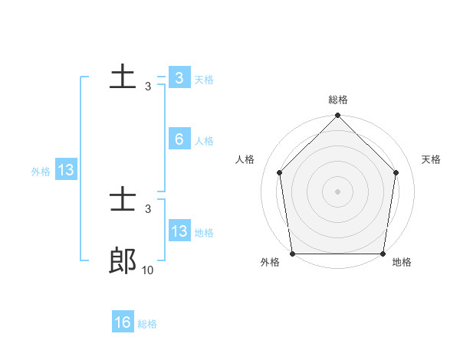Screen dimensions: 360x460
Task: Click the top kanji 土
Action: tap(123, 77)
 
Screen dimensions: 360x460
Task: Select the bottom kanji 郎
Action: tap(123, 261)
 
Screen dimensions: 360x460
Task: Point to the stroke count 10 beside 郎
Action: tap(148, 270)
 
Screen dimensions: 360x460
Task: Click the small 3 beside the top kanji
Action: tap(148, 86)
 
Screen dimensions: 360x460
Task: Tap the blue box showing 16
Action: tap(123, 322)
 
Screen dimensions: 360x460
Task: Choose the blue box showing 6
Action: tap(179, 139)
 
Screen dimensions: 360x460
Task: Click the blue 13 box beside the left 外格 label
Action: tap(66, 170)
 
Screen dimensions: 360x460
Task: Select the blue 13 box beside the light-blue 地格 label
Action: tap(179, 231)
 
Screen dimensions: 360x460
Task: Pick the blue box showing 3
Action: tap(179, 78)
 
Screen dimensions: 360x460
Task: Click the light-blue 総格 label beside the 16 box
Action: tap(147, 324)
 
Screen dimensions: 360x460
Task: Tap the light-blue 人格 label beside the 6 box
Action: tap(204, 141)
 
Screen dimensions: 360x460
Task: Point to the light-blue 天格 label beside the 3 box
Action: tap(204, 80)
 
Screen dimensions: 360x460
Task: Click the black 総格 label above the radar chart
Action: tap(338, 100)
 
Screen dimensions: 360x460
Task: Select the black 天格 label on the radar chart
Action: tap(432, 159)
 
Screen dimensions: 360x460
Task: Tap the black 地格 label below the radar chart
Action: tap(402, 263)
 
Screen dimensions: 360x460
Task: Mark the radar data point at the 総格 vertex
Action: tap(338, 116)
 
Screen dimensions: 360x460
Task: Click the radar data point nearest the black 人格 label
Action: tap(280, 172)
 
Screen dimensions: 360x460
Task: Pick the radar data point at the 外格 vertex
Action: tap(293, 254)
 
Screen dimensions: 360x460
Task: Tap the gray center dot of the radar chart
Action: tap(338, 191)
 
